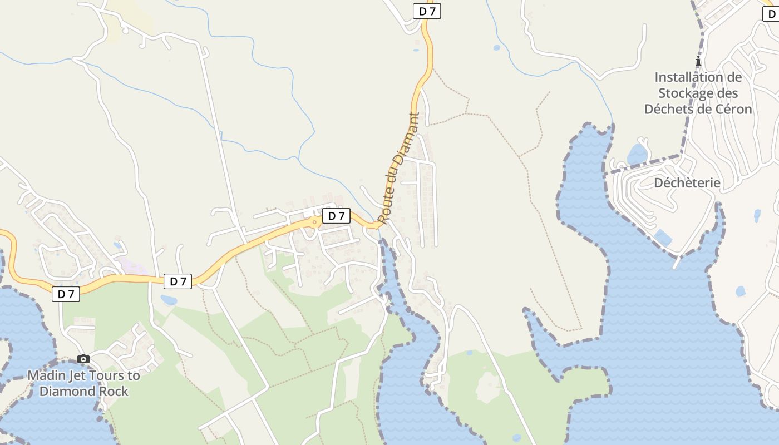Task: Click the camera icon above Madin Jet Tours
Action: [x=83, y=359]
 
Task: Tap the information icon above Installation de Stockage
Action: [x=698, y=61]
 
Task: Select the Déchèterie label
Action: [x=687, y=183]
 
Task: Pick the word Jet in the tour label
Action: [x=77, y=375]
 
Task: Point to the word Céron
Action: [x=734, y=109]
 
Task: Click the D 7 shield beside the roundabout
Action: [x=336, y=216]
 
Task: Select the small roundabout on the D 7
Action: [x=314, y=222]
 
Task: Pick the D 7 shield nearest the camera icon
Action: [x=66, y=294]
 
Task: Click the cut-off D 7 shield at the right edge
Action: [x=771, y=14]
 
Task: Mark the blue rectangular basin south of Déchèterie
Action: [x=663, y=238]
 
